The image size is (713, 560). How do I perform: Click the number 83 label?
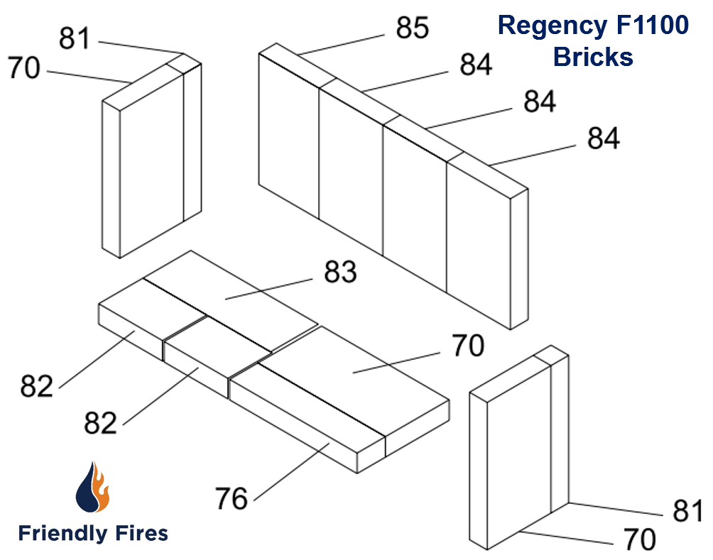point(340,273)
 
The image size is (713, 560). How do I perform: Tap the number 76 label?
point(231,499)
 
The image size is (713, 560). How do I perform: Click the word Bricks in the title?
point(593,57)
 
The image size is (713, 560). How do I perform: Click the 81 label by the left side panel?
point(75,39)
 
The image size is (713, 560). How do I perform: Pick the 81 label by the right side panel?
point(688,511)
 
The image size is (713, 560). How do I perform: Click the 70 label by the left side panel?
point(24,69)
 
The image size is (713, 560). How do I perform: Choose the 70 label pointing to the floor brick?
point(467,346)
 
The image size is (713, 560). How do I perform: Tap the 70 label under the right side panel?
point(640,540)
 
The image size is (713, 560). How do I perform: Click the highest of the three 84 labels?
point(476,65)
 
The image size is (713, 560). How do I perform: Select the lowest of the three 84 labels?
point(603,138)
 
